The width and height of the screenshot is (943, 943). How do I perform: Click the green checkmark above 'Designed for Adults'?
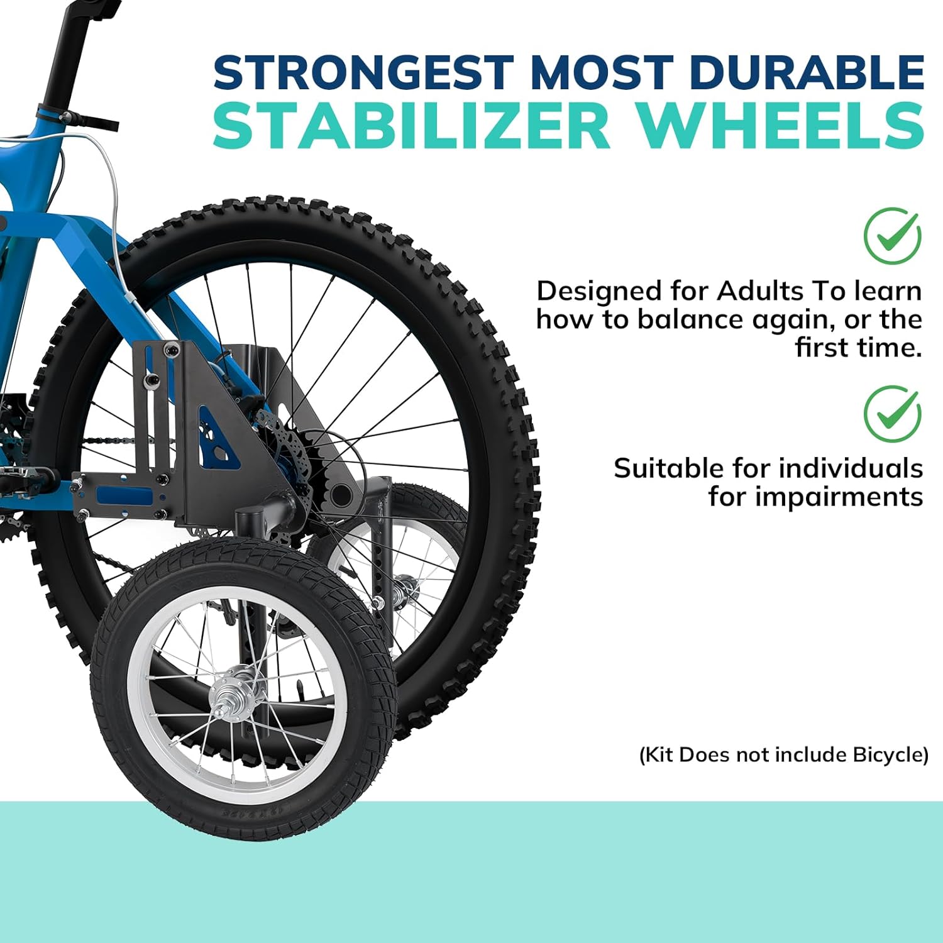892,236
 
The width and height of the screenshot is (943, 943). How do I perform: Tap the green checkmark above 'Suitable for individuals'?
892,414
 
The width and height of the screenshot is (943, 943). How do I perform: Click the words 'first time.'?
858,347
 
